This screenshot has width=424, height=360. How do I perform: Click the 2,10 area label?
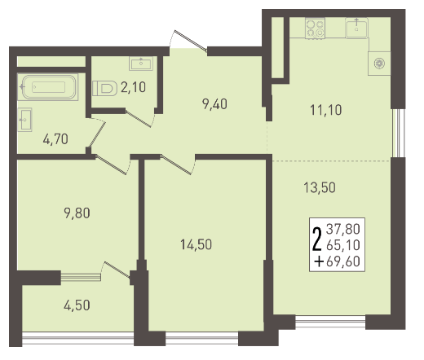click(133, 87)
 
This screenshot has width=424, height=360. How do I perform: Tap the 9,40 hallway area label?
click(214, 104)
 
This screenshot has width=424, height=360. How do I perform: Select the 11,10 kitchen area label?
click(326, 110)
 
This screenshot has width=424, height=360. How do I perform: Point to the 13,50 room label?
click(320, 187)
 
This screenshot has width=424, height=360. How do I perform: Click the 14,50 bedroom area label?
click(197, 244)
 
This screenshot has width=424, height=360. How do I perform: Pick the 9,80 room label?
click(77, 213)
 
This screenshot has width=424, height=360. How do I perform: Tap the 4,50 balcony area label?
click(77, 305)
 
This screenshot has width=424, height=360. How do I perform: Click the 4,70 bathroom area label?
click(55, 139)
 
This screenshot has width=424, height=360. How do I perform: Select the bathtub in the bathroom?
click(48, 87)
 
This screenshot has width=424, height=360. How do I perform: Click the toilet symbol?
click(104, 88)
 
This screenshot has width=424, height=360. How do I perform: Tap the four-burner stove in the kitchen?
click(315, 29)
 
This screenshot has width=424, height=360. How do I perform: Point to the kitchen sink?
click(356, 28)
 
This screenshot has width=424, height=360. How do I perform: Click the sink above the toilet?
click(141, 64)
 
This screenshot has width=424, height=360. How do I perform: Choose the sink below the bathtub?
click(24, 120)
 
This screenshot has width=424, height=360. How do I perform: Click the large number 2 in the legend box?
click(317, 239)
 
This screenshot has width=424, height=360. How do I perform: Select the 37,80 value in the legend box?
click(343, 229)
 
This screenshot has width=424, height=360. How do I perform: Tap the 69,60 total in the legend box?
click(343, 261)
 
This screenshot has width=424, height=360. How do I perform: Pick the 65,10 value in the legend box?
click(343, 245)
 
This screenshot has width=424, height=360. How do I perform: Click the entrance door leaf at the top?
click(191, 41)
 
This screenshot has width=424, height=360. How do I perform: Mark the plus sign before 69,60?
click(319, 262)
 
